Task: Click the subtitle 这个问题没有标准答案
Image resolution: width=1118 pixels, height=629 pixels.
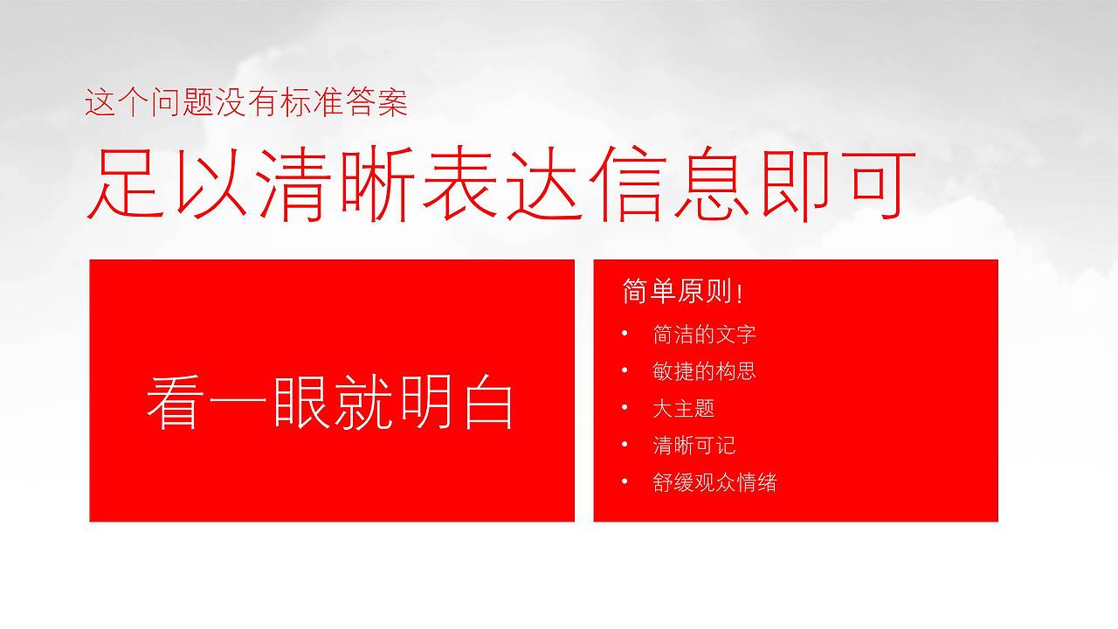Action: [x=246, y=104]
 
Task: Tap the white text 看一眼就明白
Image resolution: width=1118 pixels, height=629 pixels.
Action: [x=330, y=403]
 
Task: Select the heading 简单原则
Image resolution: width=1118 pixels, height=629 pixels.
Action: [x=676, y=293]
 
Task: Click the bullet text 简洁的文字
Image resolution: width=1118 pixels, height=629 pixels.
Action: [x=704, y=335]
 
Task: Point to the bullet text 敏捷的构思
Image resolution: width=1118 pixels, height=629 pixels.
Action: [x=704, y=371]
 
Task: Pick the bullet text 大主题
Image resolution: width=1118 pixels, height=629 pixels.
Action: [x=683, y=408]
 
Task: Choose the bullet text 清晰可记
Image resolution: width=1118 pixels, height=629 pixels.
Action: [x=694, y=446]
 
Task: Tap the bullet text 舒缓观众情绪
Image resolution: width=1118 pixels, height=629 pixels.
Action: [x=714, y=482]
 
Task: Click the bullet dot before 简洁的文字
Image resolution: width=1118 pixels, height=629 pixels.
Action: [x=625, y=334]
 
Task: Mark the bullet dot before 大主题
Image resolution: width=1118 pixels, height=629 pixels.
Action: [x=625, y=407]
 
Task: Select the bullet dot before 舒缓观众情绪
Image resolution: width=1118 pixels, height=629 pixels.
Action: [x=625, y=481]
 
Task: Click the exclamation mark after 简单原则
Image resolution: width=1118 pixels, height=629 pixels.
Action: [x=740, y=294]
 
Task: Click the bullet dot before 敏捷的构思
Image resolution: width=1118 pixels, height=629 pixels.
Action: [x=625, y=370]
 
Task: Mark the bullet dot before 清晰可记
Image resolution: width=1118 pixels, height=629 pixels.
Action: [x=625, y=445]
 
